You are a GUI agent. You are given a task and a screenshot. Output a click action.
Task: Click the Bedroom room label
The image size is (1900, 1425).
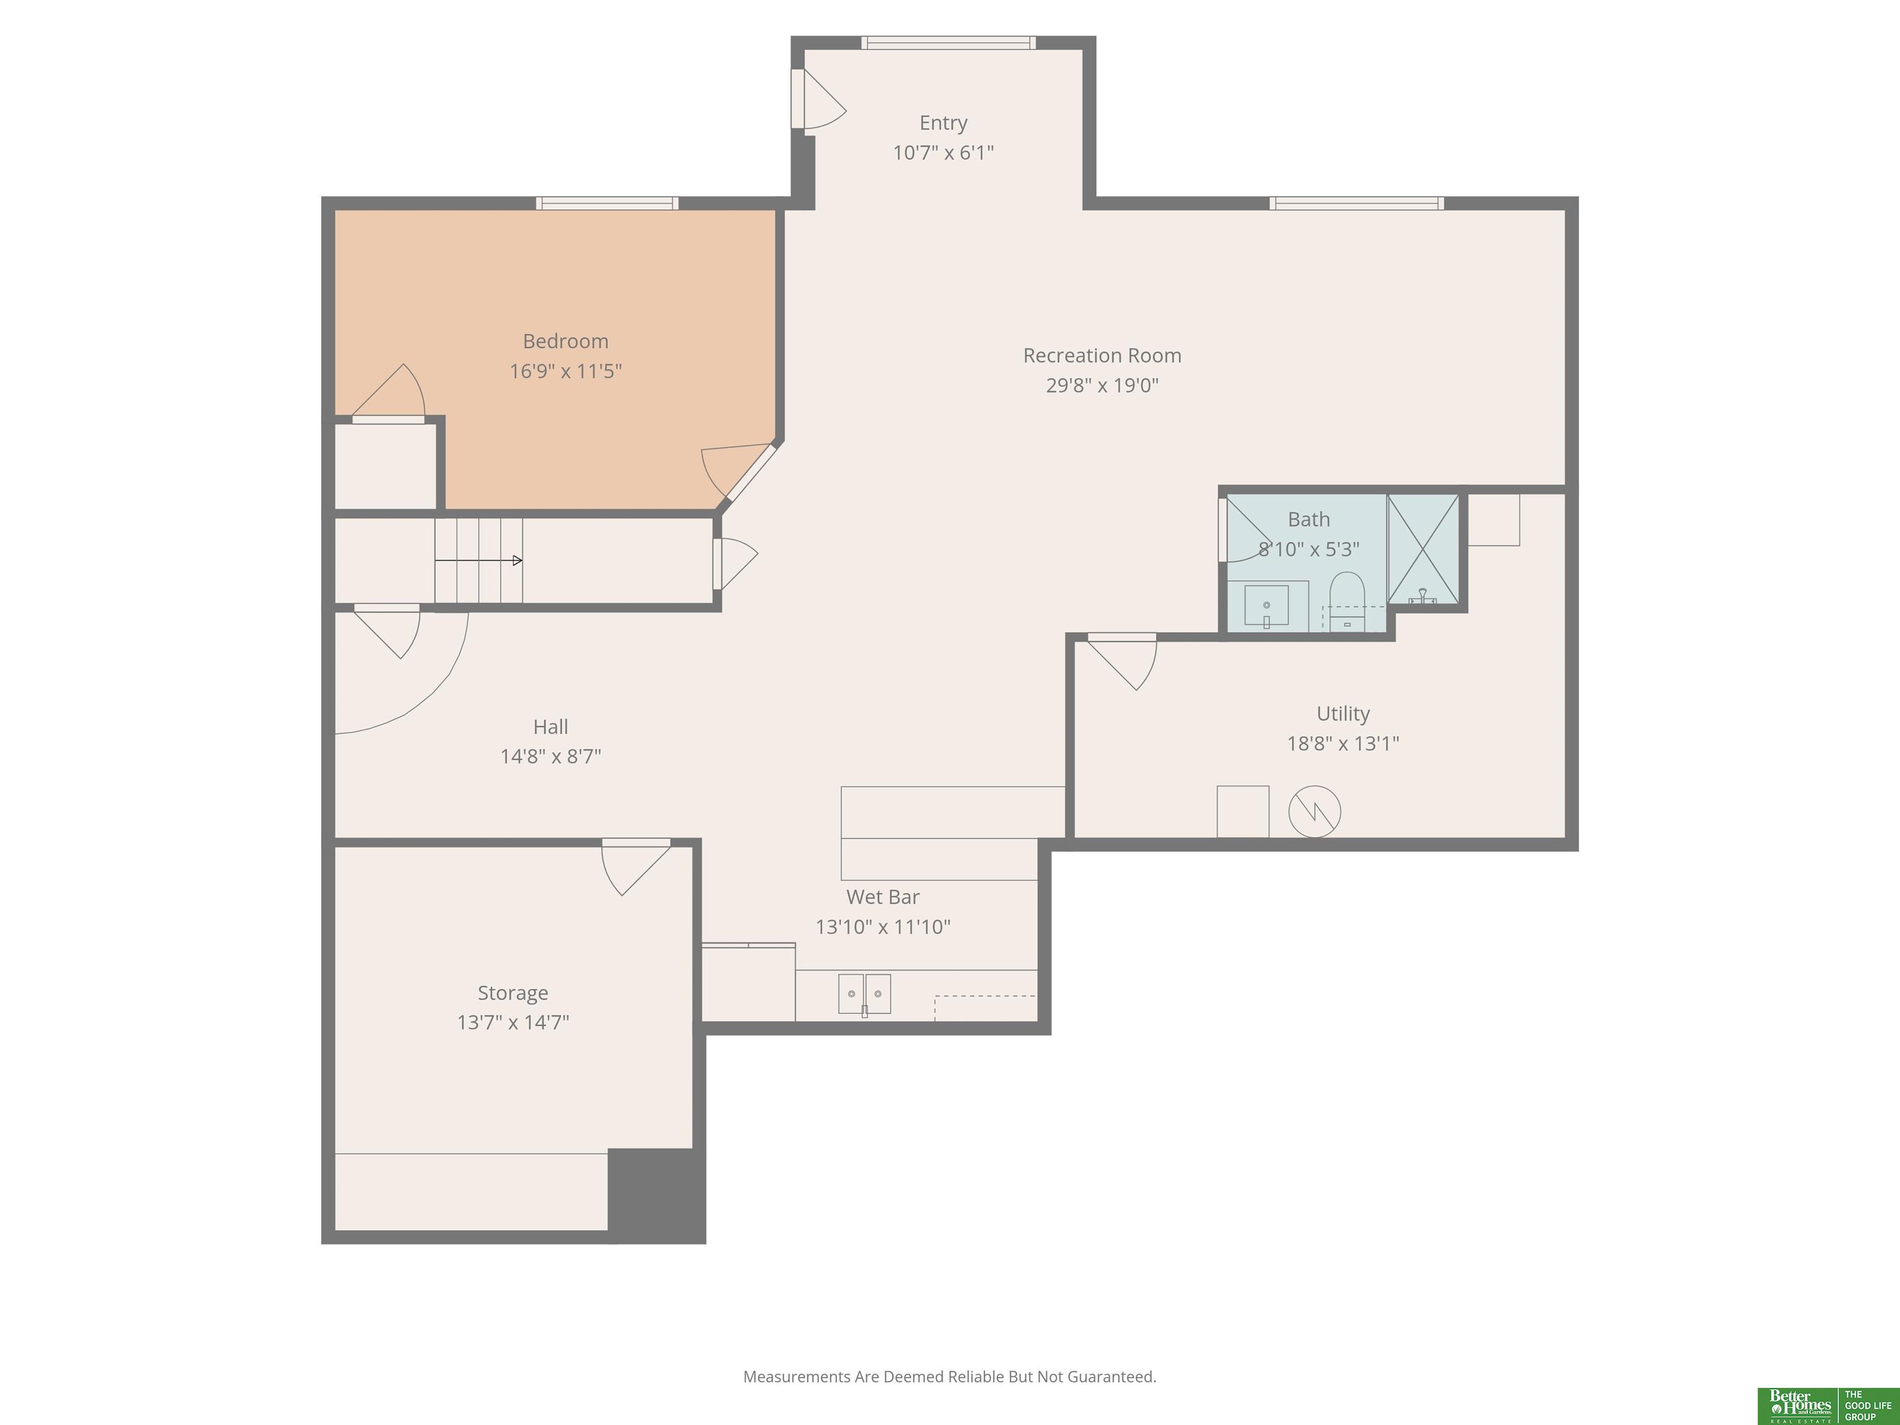pyautogui.click(x=565, y=341)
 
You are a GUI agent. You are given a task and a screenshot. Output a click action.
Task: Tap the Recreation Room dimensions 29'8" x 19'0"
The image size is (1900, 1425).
pyautogui.click(x=1102, y=385)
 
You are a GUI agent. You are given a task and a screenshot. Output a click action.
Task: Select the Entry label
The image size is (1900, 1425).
pyautogui.click(x=943, y=123)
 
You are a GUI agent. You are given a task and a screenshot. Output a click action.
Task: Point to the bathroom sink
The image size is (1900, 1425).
pyautogui.click(x=1266, y=606)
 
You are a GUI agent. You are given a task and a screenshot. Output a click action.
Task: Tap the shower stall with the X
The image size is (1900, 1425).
pyautogui.click(x=1423, y=549)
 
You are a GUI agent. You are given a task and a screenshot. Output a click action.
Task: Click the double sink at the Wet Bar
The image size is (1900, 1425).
pyautogui.click(x=864, y=994)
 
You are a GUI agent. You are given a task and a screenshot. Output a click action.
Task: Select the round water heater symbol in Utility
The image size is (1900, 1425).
pyautogui.click(x=1314, y=811)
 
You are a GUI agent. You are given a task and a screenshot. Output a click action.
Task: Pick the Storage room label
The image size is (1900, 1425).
pyautogui.click(x=513, y=993)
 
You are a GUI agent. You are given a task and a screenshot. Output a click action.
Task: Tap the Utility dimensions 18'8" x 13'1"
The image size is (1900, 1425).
pyautogui.click(x=1343, y=743)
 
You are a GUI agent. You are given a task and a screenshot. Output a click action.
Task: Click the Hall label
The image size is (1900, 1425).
pyautogui.click(x=550, y=727)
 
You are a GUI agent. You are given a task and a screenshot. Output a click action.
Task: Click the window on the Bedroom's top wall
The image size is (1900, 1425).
pyautogui.click(x=607, y=203)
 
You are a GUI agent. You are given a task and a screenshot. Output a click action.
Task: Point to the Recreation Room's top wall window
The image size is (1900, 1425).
pyautogui.click(x=1356, y=203)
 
